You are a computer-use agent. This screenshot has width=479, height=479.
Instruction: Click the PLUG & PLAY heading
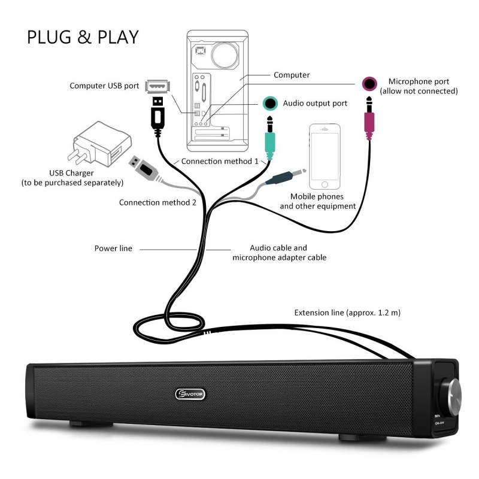coord(83,37)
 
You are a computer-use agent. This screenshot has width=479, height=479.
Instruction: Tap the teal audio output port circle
coord(270,103)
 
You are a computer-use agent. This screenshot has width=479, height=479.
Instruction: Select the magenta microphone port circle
coord(369,84)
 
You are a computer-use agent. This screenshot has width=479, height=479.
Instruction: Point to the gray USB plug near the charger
coord(145,168)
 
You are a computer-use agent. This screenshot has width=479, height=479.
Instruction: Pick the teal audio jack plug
coord(269,138)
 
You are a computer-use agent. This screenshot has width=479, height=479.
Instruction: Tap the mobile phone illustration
coord(325,157)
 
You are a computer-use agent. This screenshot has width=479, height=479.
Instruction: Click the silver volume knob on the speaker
coord(453,397)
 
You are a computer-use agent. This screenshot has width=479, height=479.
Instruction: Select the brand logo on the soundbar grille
coord(190,394)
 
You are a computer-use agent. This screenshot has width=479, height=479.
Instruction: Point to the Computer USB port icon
coord(157,86)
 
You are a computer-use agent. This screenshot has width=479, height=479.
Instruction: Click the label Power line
coord(113,248)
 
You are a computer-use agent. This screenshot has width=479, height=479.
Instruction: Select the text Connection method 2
coord(157,202)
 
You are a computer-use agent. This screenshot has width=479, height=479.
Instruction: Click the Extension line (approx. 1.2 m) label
coord(347,313)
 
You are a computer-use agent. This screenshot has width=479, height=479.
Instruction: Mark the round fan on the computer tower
coord(225,55)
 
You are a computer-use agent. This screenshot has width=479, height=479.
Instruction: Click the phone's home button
coord(325,184)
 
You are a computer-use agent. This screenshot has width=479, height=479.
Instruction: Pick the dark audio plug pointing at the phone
coord(286,177)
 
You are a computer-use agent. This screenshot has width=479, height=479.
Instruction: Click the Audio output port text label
coord(315,104)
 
